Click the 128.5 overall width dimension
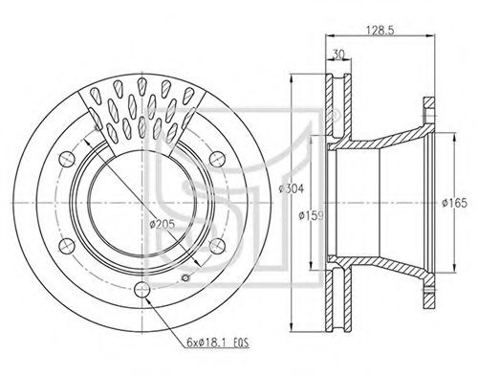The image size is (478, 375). coord(380,31)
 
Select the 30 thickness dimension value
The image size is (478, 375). coord(338,55)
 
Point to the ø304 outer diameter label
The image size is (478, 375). coord(292,188)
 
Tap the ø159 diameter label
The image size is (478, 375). coord(311,216)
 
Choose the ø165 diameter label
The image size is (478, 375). coord(454,203)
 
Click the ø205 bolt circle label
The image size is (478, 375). coord(163,225)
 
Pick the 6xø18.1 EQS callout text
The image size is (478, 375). coord(218,343)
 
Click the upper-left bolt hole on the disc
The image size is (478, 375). coord(67,158)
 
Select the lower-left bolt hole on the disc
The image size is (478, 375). coord(67,246)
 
